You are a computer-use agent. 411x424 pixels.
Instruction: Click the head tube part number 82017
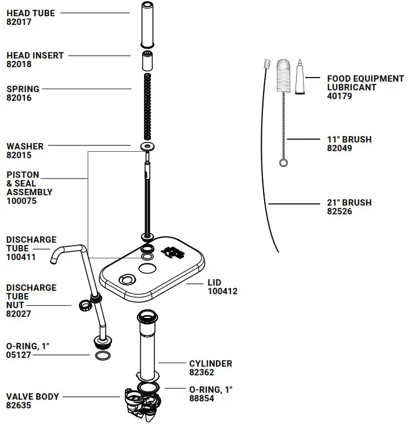19,22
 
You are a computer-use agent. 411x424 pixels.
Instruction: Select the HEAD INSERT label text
35,56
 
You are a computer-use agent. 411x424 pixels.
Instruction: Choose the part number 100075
22,200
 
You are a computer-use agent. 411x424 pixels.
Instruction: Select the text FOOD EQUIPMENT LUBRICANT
365,83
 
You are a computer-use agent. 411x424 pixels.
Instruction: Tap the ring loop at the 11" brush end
283,163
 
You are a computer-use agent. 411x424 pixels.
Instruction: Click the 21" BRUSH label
349,203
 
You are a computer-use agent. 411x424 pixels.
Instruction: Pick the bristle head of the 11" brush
283,75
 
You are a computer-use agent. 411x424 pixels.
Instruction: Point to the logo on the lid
174,252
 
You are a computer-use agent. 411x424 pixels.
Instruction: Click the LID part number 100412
222,291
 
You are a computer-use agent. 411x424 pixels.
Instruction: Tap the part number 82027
19,313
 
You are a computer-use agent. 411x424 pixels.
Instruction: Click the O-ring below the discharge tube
103,354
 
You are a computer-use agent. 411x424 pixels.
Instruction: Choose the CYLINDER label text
210,364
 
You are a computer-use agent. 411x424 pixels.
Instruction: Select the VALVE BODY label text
33,397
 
